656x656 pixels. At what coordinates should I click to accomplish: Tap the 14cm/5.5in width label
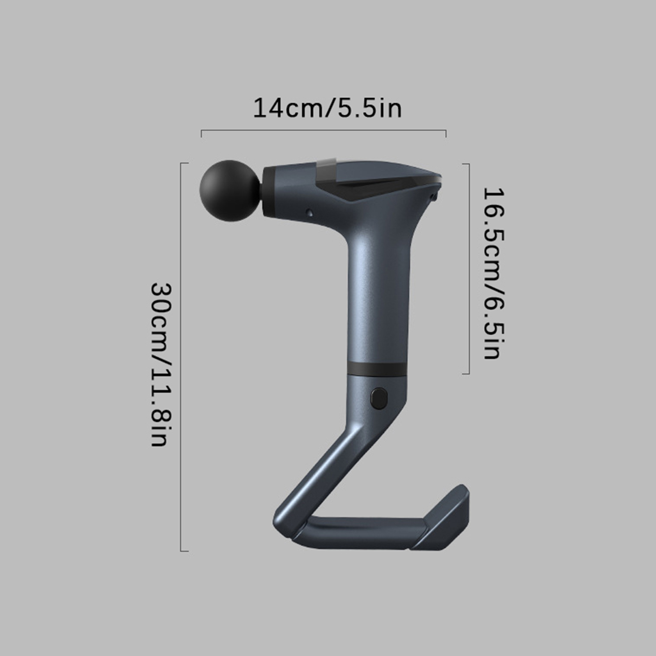[x=327, y=108]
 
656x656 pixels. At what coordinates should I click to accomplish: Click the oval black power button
[x=379, y=399]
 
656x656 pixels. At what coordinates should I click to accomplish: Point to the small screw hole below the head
[x=310, y=212]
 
